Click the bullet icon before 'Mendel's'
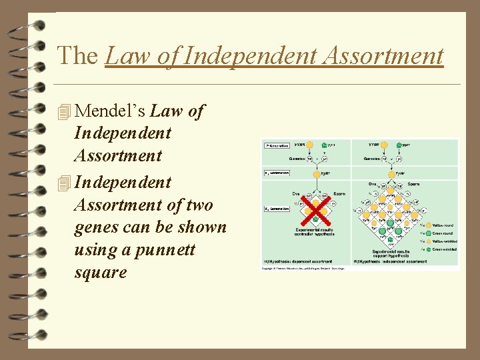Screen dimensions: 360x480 (x=64, y=112)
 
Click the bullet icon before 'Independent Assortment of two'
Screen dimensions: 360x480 (x=64, y=183)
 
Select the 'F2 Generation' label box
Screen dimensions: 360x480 (x=275, y=209)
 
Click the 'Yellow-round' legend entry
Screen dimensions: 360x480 (x=440, y=225)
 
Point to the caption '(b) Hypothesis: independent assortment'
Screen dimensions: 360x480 (x=386, y=261)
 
